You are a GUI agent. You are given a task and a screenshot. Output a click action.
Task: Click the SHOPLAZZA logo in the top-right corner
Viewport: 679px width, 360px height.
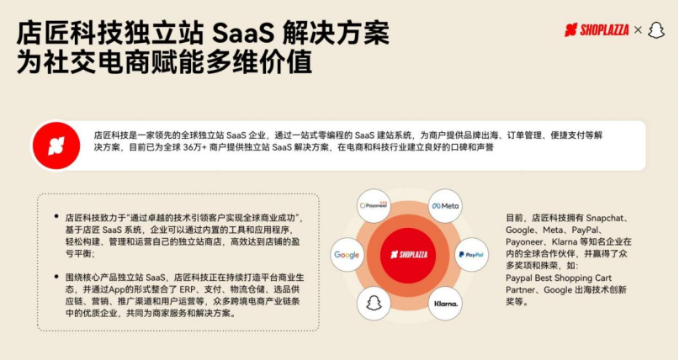597,29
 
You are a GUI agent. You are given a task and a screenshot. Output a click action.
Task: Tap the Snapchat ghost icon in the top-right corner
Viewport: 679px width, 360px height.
656,29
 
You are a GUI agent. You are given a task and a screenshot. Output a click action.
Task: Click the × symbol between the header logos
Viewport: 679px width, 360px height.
638,29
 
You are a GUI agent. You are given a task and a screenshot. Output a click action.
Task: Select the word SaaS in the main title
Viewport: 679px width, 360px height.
243,33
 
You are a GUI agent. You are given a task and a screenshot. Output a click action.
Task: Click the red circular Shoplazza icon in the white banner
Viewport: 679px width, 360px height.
56,146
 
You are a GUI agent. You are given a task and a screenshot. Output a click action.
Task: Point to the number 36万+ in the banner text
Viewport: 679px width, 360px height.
195,147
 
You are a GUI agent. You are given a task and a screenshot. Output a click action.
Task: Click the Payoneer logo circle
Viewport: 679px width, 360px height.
374,205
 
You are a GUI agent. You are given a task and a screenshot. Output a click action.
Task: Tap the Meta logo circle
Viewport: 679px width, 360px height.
445,206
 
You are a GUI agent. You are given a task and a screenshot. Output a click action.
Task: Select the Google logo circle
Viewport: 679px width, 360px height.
347,255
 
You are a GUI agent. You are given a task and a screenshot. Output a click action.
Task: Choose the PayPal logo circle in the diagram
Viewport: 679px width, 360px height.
471,255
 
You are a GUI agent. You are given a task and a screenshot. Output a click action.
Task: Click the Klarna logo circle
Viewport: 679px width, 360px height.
445,304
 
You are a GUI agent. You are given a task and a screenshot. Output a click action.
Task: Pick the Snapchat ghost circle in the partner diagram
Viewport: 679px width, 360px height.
374,304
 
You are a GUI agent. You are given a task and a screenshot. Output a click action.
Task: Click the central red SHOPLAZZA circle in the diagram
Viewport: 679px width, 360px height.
409,255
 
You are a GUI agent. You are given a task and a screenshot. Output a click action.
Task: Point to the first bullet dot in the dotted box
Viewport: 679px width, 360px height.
56,216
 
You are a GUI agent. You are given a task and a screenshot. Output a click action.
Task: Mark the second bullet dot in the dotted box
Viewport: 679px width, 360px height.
56,277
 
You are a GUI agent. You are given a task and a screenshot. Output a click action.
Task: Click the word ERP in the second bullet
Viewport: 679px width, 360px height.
188,289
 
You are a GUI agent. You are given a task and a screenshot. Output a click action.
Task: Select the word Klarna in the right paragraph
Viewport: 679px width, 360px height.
565,241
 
